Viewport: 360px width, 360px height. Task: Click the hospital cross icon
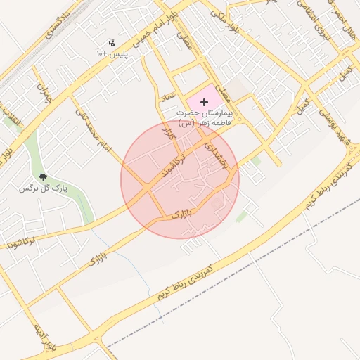tap(205, 103)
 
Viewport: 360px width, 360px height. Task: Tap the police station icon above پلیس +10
tap(112, 43)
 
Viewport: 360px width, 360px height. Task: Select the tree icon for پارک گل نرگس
tap(44, 177)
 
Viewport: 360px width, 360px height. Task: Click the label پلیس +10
tap(112, 53)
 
